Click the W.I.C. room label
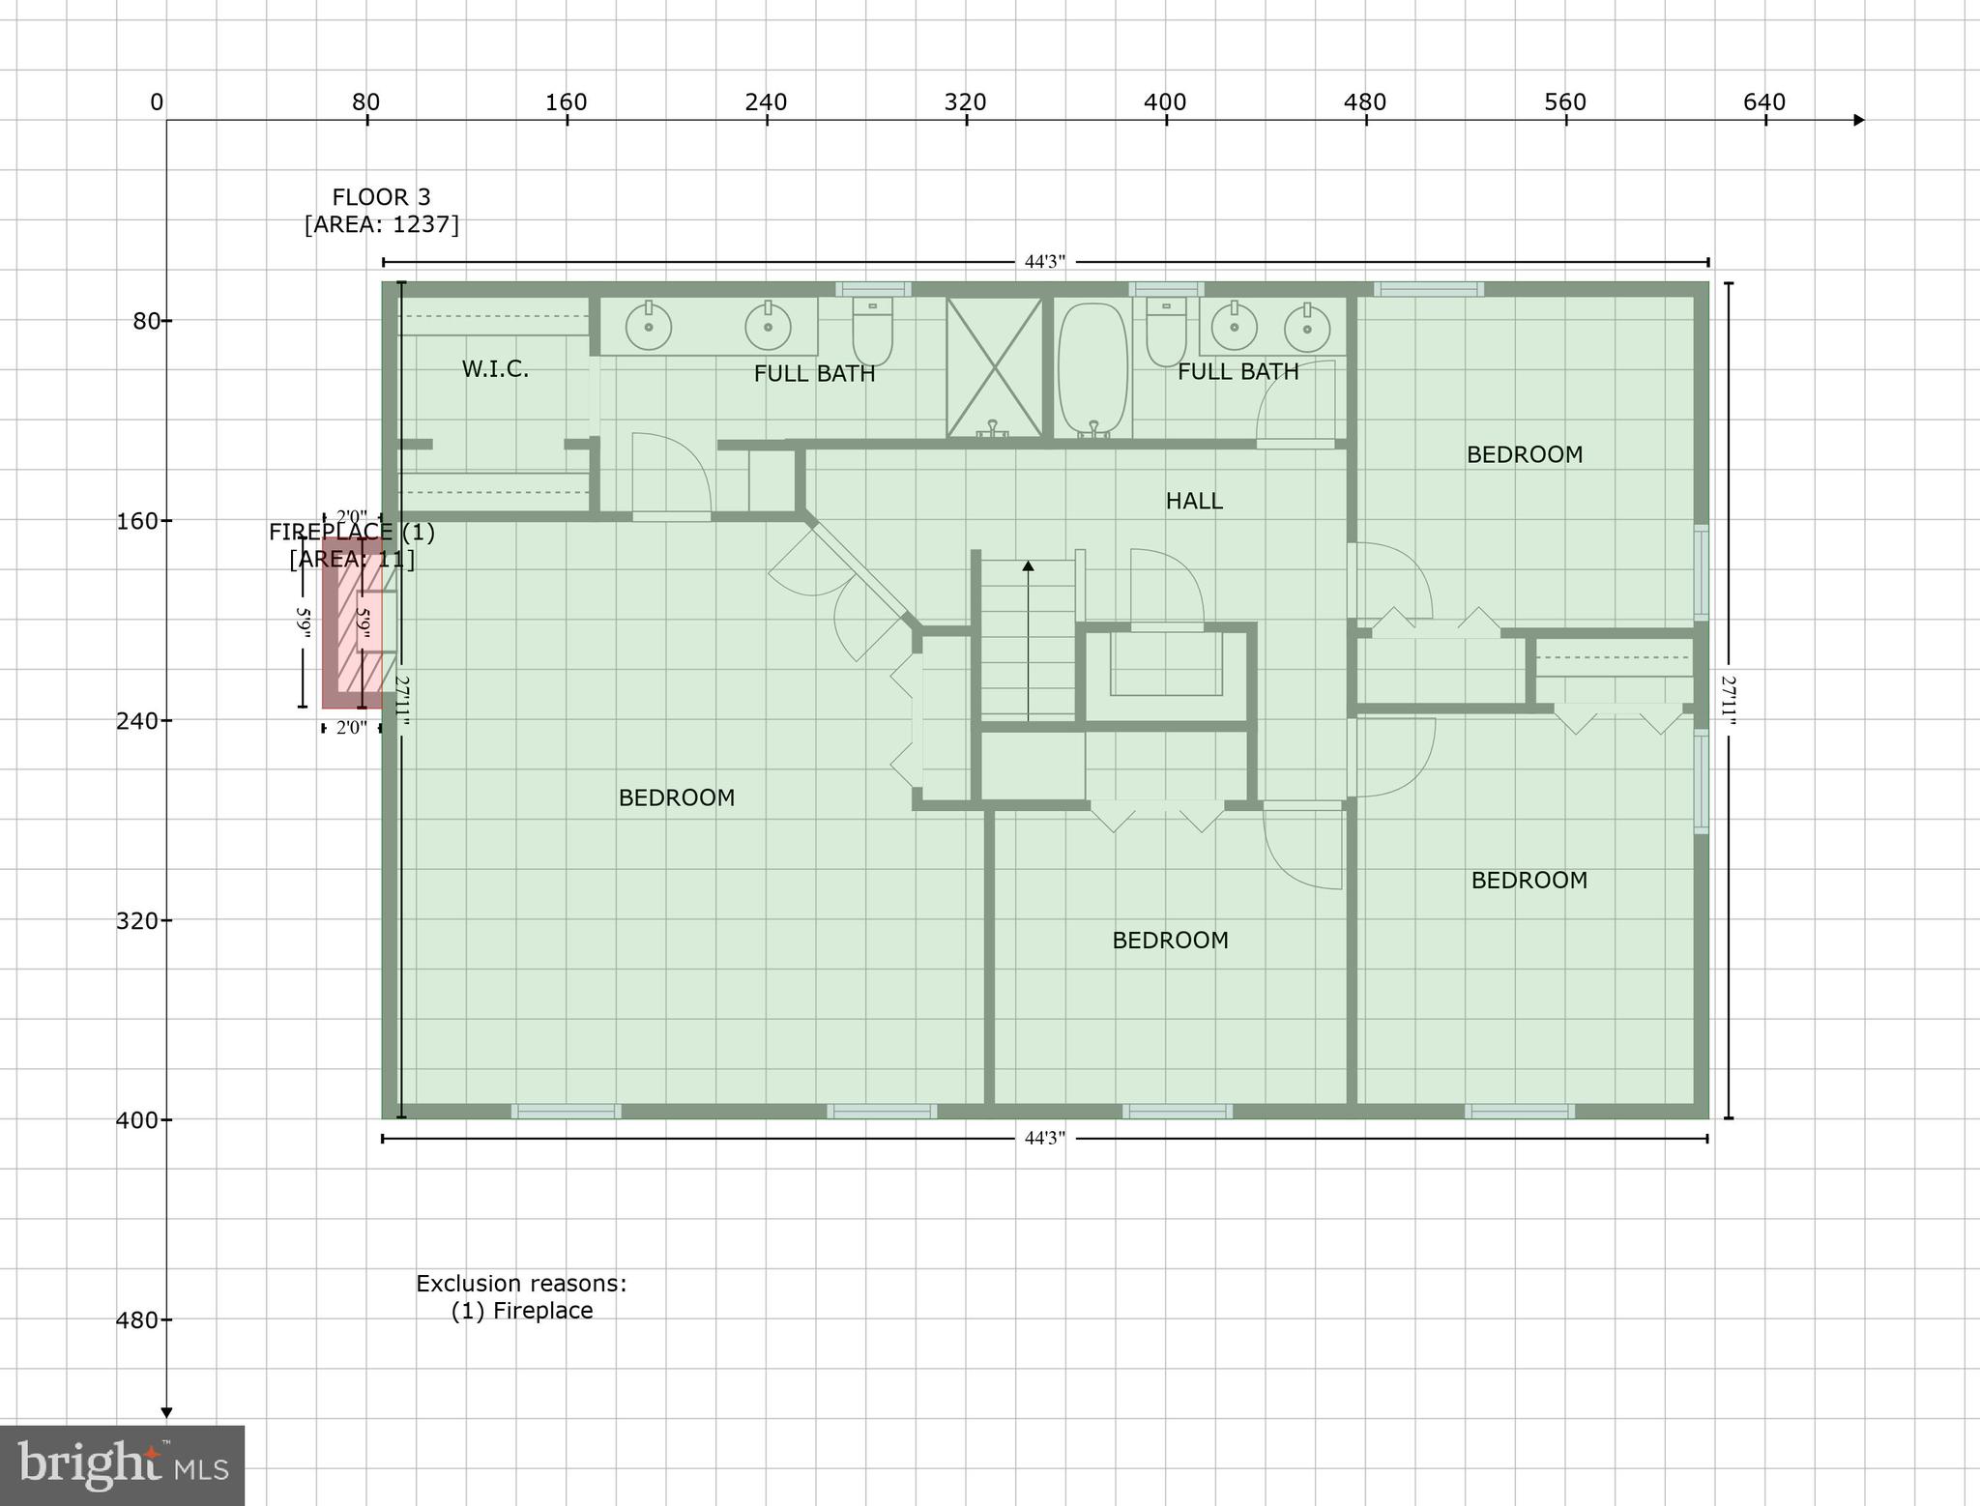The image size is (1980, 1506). click(495, 369)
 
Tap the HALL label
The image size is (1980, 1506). click(1194, 501)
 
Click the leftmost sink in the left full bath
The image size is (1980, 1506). click(649, 327)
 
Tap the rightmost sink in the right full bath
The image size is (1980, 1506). click(1307, 329)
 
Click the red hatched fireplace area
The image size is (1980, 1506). click(353, 623)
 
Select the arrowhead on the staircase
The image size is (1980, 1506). click(1028, 565)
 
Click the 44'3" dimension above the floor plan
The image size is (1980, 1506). click(1045, 262)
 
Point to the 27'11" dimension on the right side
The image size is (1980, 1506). click(1729, 701)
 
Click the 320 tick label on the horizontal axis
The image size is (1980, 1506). click(965, 102)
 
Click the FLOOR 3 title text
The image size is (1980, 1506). click(381, 197)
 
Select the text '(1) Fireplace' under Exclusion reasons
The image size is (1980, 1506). click(522, 1311)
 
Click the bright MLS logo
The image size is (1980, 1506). click(122, 1464)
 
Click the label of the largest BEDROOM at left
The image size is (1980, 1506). click(677, 797)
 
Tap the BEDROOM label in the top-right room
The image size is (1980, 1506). click(1525, 454)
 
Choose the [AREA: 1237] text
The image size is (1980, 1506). click(381, 224)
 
